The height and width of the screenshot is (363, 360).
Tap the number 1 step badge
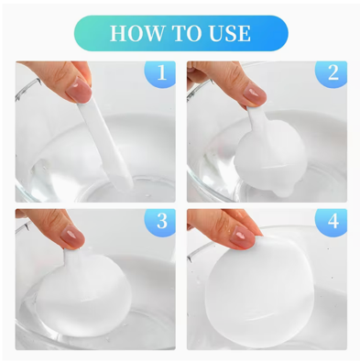[x=161, y=73]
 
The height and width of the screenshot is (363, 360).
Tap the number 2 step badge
[x=333, y=73]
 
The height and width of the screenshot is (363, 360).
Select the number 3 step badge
[x=161, y=222]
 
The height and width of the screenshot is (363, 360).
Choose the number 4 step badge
[x=333, y=222]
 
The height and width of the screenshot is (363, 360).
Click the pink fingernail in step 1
[x=79, y=90]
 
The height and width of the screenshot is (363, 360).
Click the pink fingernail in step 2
[x=253, y=93]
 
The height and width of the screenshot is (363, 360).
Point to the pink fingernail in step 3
[x=72, y=237]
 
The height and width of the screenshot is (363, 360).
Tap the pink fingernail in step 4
[x=243, y=237]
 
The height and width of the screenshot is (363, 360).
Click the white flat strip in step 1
[x=105, y=144]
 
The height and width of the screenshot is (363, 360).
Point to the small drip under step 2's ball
[x=280, y=190]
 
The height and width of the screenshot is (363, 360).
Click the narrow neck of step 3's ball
[x=71, y=257]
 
